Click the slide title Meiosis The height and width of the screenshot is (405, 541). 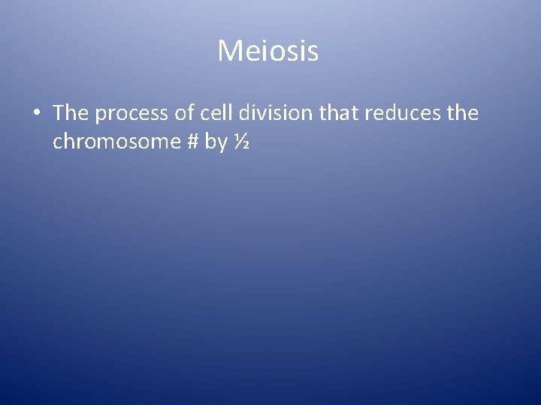coord(268,51)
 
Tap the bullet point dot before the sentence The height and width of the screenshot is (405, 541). coord(37,113)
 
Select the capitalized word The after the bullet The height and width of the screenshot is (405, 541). coord(71,112)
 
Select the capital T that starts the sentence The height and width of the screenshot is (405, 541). coord(59,112)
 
